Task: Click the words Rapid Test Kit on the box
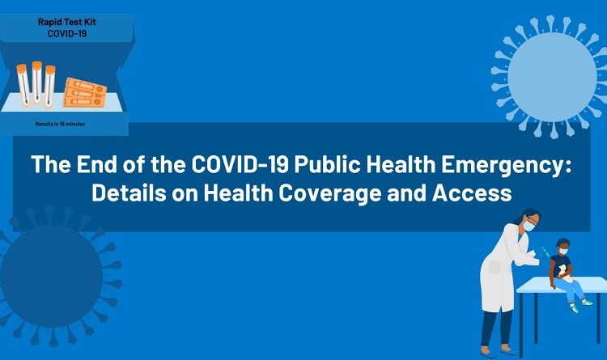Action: tap(66, 21)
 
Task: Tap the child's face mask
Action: tap(562, 252)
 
